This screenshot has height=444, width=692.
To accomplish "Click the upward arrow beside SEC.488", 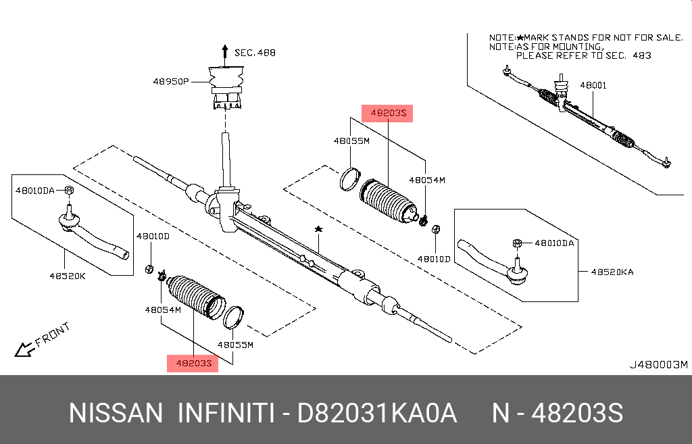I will tap(224, 52).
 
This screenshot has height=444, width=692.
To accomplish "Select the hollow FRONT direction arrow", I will tap(25, 349).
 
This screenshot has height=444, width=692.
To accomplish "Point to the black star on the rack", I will tap(318, 230).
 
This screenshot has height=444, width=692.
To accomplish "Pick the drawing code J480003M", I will tap(658, 365).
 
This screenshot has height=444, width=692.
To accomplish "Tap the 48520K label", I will tap(68, 276).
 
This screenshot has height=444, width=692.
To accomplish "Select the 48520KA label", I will tap(612, 272).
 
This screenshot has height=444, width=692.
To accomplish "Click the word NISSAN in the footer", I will tap(116, 413).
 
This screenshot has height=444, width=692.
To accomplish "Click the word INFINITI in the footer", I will tap(225, 413).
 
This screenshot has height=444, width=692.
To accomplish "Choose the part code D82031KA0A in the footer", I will tap(378, 413).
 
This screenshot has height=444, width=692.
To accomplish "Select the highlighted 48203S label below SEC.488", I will tap(387, 114).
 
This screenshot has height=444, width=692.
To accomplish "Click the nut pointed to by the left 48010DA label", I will tap(69, 191).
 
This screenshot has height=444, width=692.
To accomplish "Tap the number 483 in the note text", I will tap(641, 55).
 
